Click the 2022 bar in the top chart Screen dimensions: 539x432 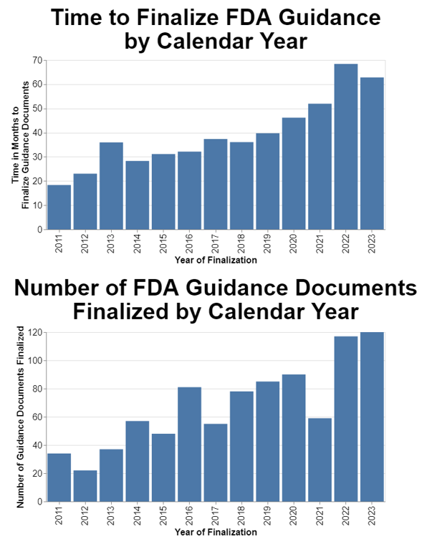coord(345,147)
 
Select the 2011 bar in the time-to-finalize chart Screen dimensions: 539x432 coord(59,208)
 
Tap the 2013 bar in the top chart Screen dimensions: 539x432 coord(111,186)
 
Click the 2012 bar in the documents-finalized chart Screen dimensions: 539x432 coord(85,486)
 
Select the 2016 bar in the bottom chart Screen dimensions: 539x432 coord(189,444)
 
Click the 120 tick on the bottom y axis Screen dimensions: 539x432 coord(34,333)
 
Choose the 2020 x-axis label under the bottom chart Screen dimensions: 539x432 coord(294,515)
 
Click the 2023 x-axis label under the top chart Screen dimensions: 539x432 coord(372,244)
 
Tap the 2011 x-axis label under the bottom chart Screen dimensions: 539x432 coord(59,515)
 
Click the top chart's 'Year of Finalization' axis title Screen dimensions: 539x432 coord(216,261)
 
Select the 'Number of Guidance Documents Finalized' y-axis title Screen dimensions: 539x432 coord(21,417)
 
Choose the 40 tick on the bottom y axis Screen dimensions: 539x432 coord(37,445)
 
